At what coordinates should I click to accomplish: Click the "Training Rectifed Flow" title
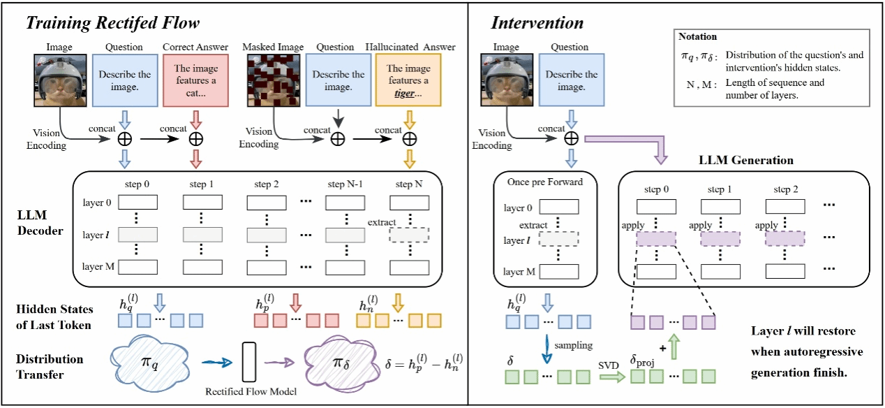pyautogui.click(x=112, y=22)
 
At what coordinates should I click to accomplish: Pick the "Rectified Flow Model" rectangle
pyautogui.click(x=251, y=362)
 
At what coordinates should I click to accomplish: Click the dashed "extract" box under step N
pyautogui.click(x=409, y=235)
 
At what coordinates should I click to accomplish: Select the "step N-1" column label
pyautogui.click(x=346, y=185)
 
